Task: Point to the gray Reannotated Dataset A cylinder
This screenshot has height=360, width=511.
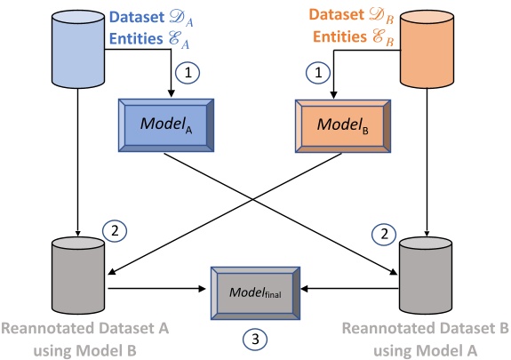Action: pyautogui.click(x=78, y=270)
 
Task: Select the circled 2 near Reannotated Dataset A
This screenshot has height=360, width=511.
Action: pyautogui.click(x=114, y=229)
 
